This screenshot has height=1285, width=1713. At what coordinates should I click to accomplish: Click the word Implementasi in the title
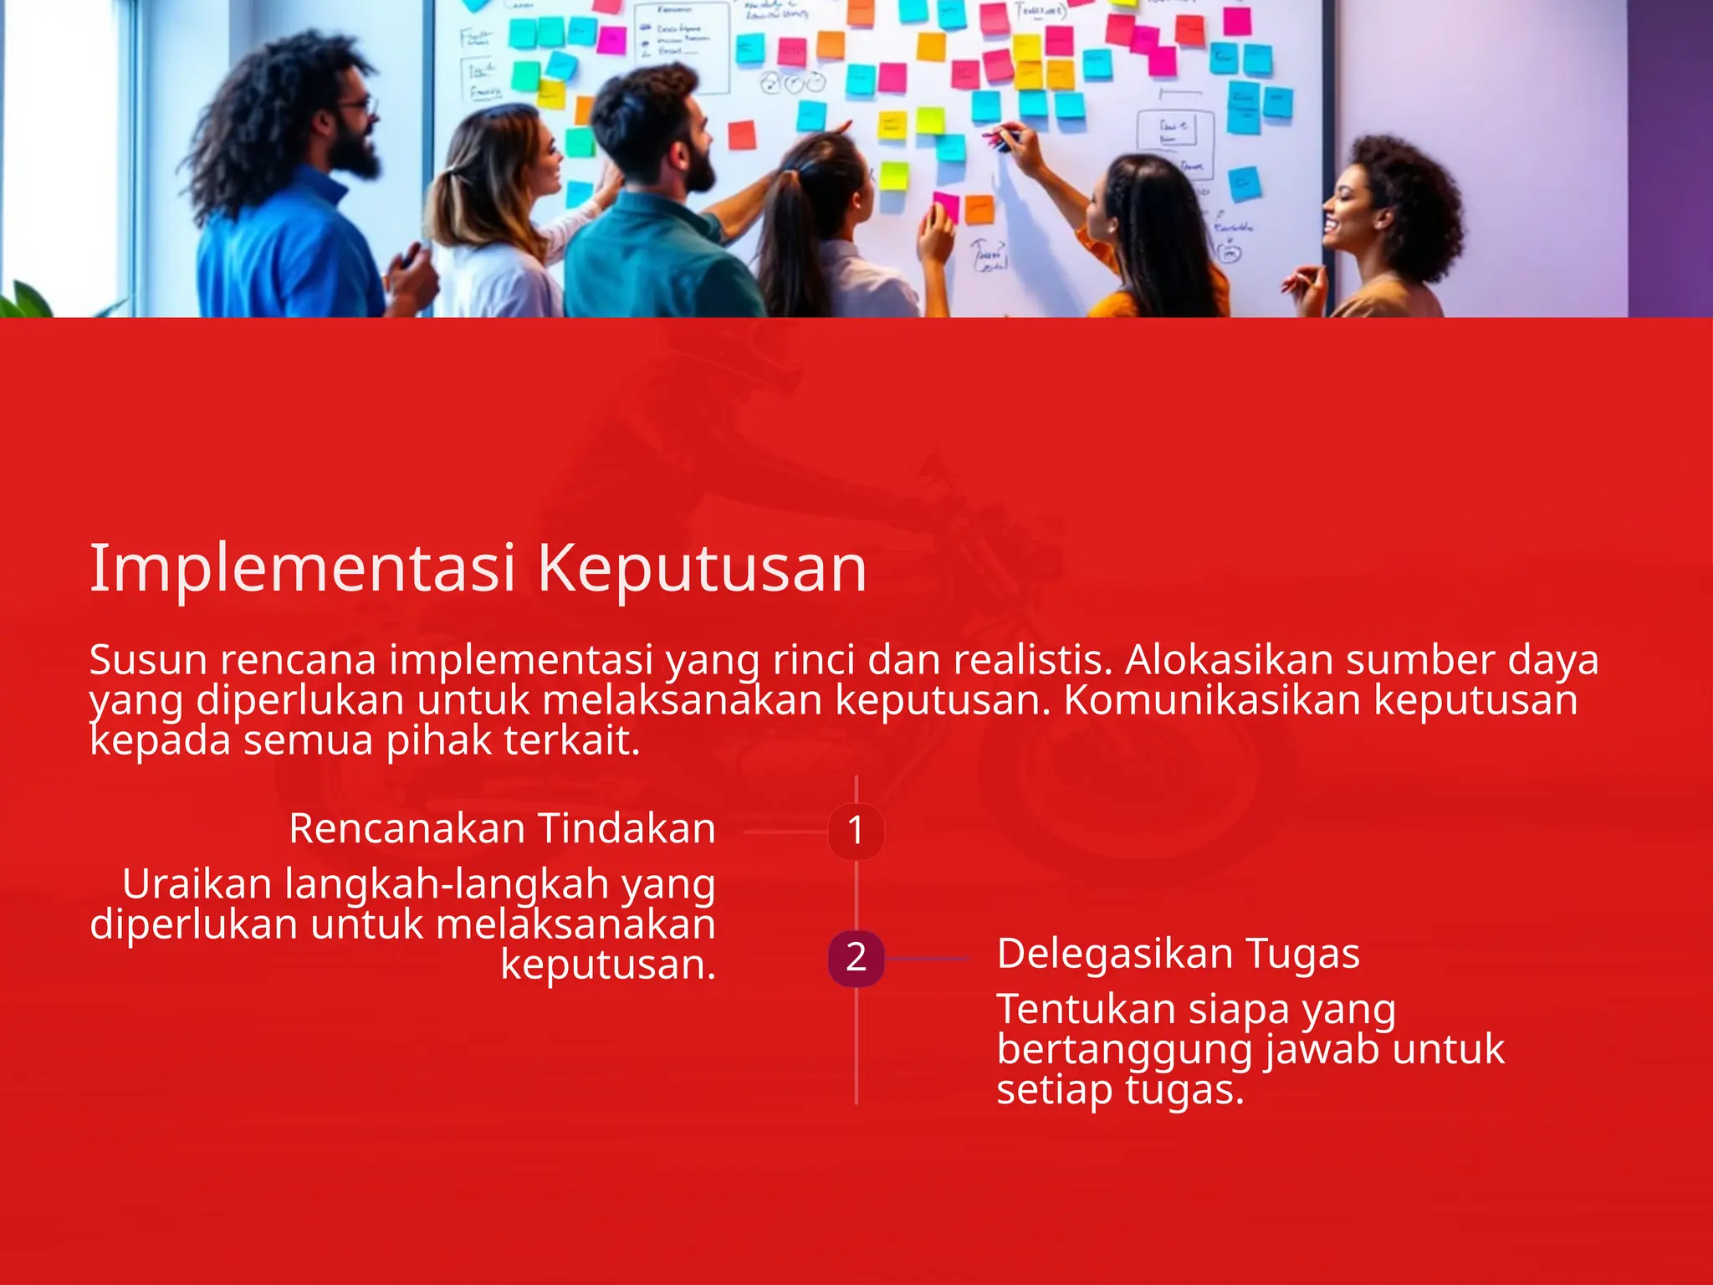coord(302,569)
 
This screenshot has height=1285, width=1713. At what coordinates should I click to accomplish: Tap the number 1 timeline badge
coord(856,831)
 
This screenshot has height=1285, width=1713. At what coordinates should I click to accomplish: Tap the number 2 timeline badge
coord(856,957)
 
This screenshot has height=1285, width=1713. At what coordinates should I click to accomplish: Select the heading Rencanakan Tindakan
coord(502,828)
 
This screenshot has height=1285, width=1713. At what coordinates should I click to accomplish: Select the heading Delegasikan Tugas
coord(1178,954)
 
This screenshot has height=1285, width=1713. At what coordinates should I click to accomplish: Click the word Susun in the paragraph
coord(148,660)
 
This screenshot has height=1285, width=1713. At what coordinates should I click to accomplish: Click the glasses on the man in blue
coord(358,107)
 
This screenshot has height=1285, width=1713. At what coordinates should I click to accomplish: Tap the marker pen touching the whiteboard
coord(1002,136)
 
